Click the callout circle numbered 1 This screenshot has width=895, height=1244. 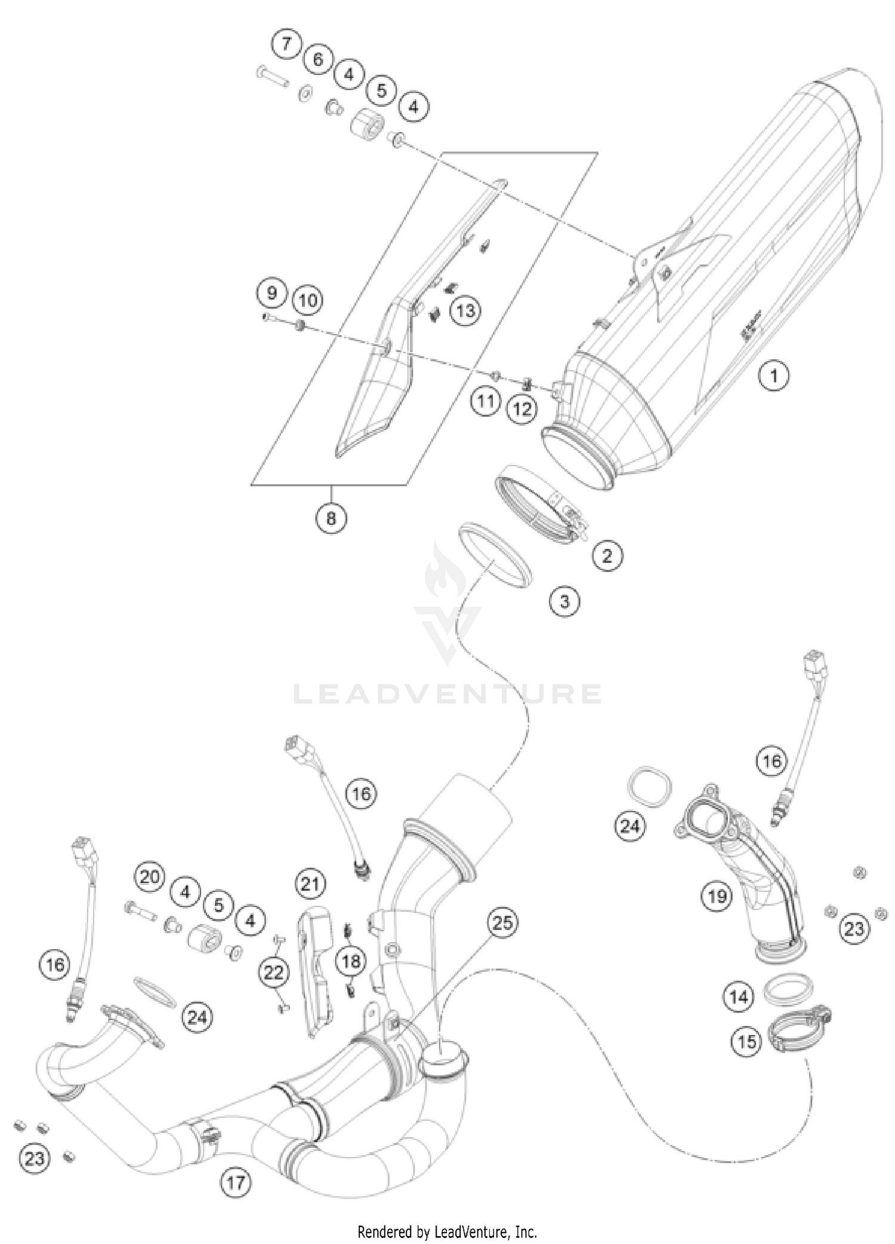click(774, 376)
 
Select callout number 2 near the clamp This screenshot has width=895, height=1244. click(607, 556)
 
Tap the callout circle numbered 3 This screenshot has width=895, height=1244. click(564, 601)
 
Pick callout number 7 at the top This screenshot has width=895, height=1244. click(286, 44)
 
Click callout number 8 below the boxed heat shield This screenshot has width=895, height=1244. click(331, 518)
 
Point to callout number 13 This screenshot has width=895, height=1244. click(465, 310)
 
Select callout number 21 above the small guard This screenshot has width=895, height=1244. click(310, 884)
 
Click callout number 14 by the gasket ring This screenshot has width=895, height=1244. click(739, 996)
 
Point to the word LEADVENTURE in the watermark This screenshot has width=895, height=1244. click(447, 694)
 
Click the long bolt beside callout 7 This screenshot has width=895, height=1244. click(273, 76)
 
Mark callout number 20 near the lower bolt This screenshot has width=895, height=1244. click(150, 876)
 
